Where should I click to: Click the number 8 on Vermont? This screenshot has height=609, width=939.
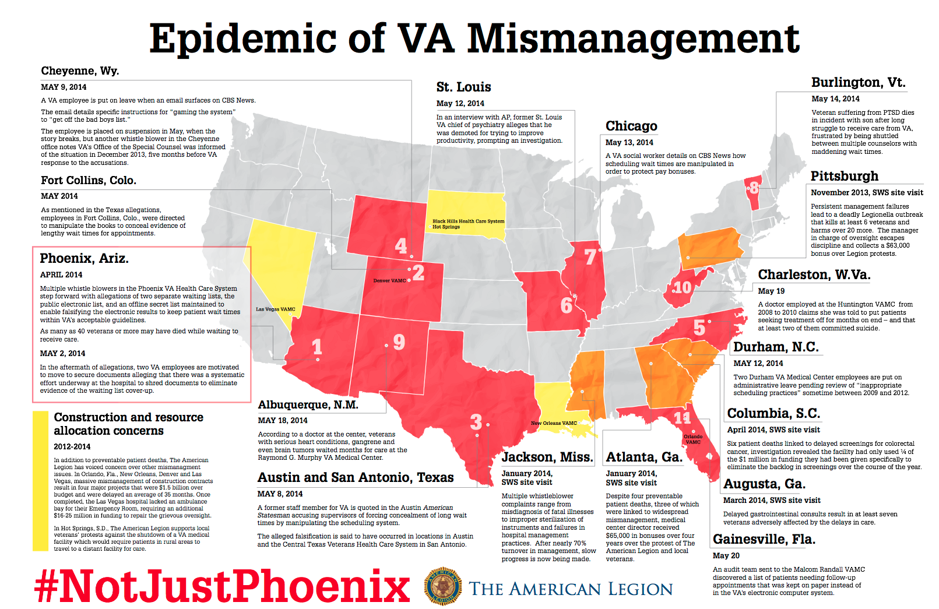(754, 188)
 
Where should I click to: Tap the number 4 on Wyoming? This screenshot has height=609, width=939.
(401, 245)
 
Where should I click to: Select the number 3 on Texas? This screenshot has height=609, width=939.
(476, 421)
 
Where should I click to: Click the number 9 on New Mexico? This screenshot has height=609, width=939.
(399, 342)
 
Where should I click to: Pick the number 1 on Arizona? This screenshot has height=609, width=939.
(317, 347)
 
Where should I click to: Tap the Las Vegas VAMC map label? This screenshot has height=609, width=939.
(276, 309)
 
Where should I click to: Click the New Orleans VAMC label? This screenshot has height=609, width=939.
(554, 423)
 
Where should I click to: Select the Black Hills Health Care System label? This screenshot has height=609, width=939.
(468, 221)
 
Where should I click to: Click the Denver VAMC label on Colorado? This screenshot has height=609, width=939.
(389, 281)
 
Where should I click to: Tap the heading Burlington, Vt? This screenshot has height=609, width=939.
(858, 83)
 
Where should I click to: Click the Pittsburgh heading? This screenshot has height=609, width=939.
(844, 176)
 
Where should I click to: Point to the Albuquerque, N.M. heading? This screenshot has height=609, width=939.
(308, 405)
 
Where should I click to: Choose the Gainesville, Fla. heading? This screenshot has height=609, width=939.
(764, 539)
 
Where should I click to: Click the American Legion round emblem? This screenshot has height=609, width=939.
(443, 586)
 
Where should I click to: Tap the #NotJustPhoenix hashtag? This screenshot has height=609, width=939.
(222, 586)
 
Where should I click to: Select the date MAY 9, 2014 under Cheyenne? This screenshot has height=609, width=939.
(64, 87)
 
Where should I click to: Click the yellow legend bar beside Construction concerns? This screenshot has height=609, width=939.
(40, 481)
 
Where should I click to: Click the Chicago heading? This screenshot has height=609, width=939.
(631, 126)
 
